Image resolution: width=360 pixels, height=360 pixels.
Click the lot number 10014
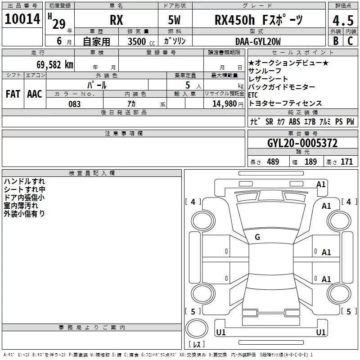click(x=22, y=19)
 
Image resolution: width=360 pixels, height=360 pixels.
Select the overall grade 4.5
click(x=343, y=20)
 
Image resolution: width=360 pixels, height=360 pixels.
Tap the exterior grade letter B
click(x=336, y=41)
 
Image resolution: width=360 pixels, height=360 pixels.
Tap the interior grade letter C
click(x=350, y=41)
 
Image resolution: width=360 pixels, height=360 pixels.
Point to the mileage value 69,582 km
click(x=55, y=65)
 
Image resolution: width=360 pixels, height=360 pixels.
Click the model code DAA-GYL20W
click(x=258, y=41)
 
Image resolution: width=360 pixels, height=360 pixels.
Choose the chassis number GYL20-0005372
click(x=302, y=143)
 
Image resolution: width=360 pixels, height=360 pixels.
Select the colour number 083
click(x=74, y=104)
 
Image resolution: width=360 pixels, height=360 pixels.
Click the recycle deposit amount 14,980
click(x=224, y=104)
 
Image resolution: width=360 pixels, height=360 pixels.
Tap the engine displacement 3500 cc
click(x=141, y=41)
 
